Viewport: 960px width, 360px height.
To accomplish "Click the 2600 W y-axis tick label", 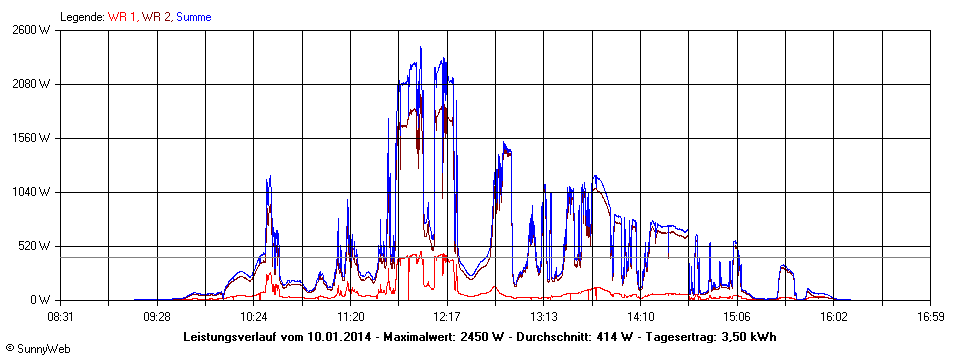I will tap(30, 30).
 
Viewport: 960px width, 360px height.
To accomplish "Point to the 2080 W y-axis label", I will tap(30, 84).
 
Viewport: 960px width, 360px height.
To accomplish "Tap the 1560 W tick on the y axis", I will tap(30, 138).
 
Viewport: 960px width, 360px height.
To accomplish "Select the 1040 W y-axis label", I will tap(30, 192).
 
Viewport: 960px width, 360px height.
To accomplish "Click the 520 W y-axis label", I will tap(34, 246).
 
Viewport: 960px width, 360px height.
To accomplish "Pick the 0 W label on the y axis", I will tap(40, 300).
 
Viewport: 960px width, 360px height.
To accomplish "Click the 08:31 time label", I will tap(61, 317).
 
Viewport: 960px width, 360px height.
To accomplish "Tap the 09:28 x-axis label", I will tap(157, 317).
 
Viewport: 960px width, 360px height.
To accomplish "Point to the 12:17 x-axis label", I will tap(447, 317).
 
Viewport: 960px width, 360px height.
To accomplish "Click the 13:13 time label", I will tap(543, 317).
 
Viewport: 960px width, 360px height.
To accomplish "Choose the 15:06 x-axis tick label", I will tap(736, 317).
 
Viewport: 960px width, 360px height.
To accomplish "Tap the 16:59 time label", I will tap(930, 317).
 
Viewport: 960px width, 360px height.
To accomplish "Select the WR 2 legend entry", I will tap(156, 17).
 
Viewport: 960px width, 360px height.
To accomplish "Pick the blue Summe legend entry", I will tap(194, 17).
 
